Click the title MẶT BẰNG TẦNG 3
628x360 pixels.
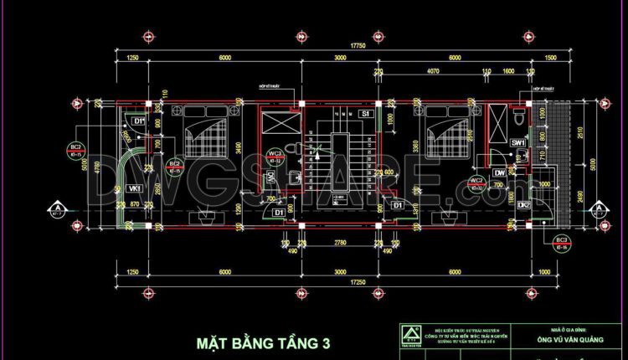point(264,343)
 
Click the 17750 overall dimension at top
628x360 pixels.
point(336,46)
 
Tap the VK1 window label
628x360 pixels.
point(134,188)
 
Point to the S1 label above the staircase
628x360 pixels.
point(365,113)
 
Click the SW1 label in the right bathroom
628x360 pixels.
point(518,143)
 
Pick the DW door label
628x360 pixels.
point(499,173)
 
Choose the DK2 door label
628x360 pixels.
point(522,205)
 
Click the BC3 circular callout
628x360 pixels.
point(562,244)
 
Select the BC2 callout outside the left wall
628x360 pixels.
point(76,152)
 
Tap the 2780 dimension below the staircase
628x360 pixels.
point(340,241)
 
